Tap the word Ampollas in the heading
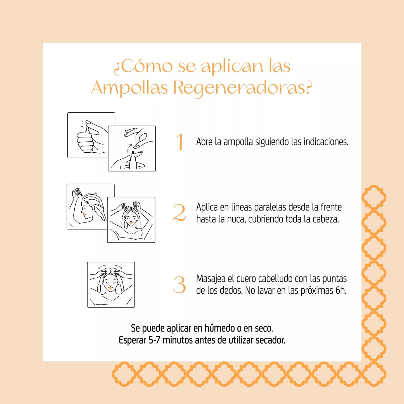pos(129,88)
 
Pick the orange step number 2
pos(179,213)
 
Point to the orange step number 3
pos(179,285)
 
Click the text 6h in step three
pos(341,291)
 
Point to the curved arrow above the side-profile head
pos(91,194)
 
